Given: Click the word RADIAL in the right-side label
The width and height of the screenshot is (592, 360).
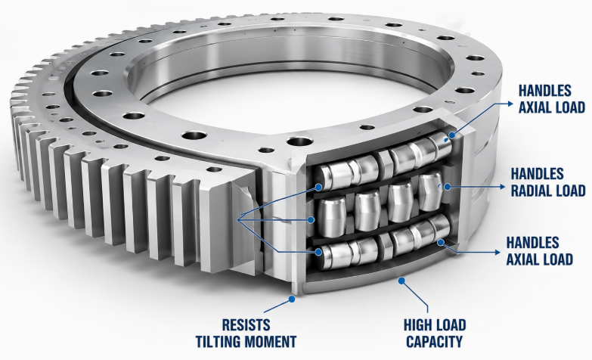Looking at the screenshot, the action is pos(532,191).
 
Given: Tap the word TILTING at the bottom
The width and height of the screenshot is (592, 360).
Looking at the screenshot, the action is pos(218,342).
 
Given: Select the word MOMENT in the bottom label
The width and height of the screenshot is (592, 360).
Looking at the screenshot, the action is pos(271,342).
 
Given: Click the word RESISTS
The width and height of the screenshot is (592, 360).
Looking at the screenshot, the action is pos(246,325).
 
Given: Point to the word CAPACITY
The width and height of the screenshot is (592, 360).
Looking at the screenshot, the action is pos(434,342).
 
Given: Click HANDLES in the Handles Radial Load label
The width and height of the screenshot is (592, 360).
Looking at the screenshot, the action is pos(538,174).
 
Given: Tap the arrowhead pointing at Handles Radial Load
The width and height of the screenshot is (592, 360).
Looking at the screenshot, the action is pos(502,187).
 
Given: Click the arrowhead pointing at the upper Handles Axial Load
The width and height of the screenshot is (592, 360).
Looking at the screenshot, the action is pos(510,103).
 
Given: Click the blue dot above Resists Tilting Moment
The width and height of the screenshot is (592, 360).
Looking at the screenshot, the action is pos(292,299).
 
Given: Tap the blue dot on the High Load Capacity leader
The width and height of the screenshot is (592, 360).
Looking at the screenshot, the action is pos(401,281).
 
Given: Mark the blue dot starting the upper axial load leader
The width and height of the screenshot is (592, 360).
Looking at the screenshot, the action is pos(452,135).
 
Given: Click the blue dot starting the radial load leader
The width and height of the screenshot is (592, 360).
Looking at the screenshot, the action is pos(448,187).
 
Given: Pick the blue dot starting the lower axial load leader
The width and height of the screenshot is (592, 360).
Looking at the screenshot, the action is pos(440,242).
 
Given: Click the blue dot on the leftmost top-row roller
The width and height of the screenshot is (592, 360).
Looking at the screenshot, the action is pos(319,187).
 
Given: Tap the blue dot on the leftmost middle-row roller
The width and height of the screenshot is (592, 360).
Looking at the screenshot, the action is pos(311,219).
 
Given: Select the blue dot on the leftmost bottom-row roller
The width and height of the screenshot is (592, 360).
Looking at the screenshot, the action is pos(319,252).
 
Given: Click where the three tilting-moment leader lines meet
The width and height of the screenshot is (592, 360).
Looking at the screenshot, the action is pos(240,219).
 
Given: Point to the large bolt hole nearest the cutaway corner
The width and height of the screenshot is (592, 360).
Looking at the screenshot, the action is pos(299,142).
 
